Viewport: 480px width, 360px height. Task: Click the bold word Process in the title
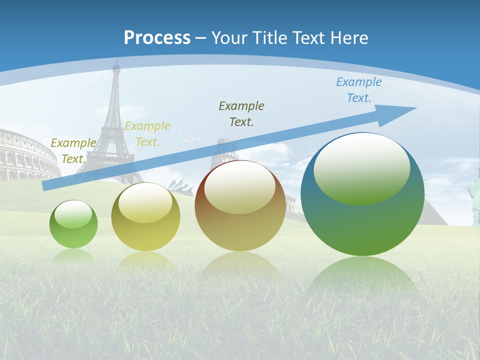tap(157, 38)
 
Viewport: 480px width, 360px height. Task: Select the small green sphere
tap(73, 224)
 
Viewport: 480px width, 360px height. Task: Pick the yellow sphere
tap(145, 216)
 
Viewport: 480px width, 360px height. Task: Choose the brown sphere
tap(240, 205)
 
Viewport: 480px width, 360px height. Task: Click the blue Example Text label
tap(358, 90)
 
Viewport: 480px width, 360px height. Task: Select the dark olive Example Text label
tap(241, 113)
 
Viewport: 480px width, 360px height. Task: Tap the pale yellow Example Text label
tap(147, 133)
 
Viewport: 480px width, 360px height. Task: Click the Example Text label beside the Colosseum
tap(73, 150)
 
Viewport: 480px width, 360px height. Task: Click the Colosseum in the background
tap(25, 155)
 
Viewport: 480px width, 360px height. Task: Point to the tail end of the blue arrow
tap(45, 186)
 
